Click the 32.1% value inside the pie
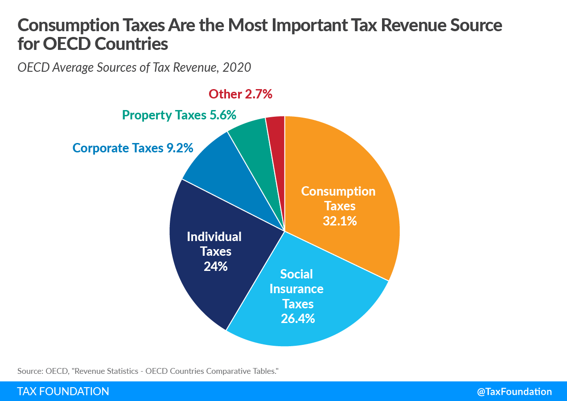click(x=340, y=221)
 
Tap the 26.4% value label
click(x=298, y=319)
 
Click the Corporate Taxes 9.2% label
click(x=133, y=148)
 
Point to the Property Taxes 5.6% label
click(x=179, y=115)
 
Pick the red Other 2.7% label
click(x=240, y=94)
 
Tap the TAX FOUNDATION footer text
click(x=63, y=392)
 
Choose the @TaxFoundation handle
click(x=514, y=392)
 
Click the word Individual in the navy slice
click(x=214, y=236)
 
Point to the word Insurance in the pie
click(x=296, y=289)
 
